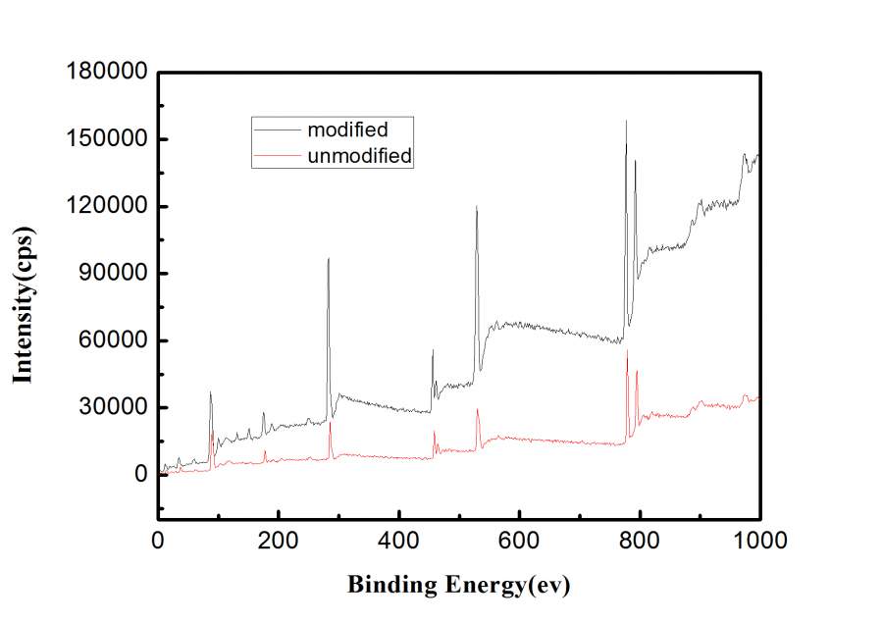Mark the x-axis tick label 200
tap(279, 539)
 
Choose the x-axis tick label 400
tap(399, 539)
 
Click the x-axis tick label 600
tap(519, 539)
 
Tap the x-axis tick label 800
tap(640, 539)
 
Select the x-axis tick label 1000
tap(758, 539)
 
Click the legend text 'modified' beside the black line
tap(347, 130)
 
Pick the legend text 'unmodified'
tap(359, 155)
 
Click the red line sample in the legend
tap(277, 155)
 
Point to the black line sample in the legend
tap(277, 130)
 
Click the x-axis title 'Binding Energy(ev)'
tap(458, 586)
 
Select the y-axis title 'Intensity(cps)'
tap(23, 307)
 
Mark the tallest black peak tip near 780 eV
tap(626, 121)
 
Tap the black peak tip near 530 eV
tap(477, 206)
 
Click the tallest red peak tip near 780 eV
tap(628, 350)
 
